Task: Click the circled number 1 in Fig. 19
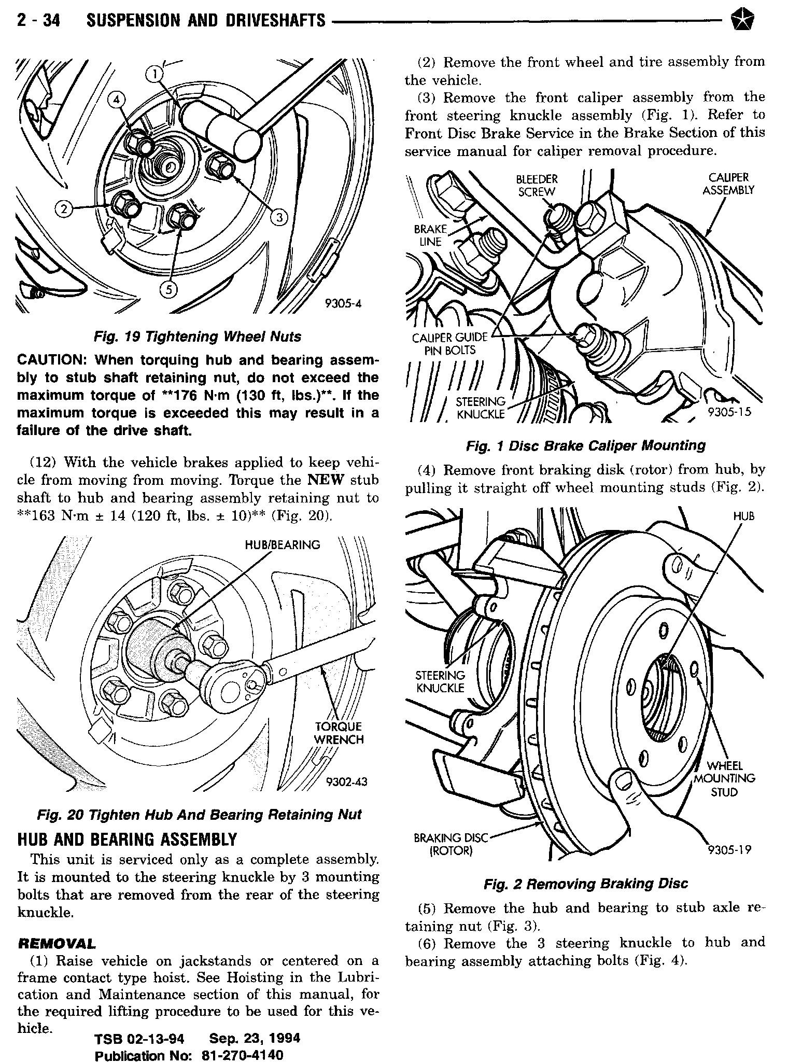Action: (154, 75)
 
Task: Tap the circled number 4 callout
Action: (116, 99)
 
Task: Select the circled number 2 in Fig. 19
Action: (64, 209)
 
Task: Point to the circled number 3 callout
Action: (279, 217)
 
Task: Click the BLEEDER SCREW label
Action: (537, 185)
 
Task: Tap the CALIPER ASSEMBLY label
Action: (728, 184)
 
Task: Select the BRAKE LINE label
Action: (430, 235)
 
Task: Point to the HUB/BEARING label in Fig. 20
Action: (283, 545)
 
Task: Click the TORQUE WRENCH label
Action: (339, 733)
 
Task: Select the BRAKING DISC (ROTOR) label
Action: (451, 844)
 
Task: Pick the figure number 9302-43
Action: (346, 781)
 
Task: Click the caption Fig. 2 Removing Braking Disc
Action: (586, 884)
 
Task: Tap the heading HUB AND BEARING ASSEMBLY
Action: (127, 840)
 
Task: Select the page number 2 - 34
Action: (38, 20)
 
